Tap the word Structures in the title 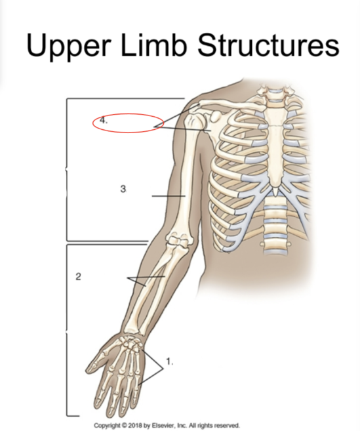[268, 45]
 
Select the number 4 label [104, 120]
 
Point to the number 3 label [123, 189]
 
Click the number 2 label [78, 277]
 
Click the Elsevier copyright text [167, 426]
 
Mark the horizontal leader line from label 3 [169, 196]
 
